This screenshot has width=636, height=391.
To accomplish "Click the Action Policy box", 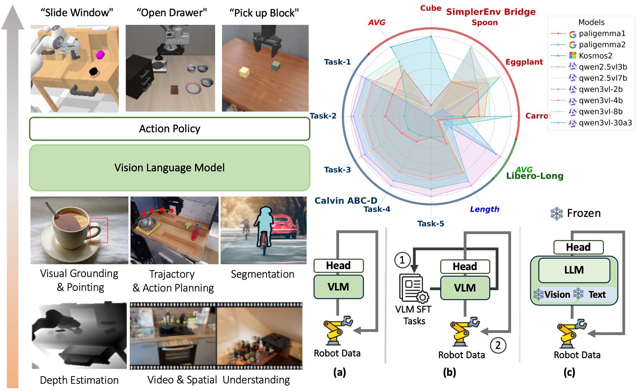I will pos(170,129).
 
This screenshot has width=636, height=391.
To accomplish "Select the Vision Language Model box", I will pos(170,168).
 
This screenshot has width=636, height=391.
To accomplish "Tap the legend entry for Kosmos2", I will pos(595,56).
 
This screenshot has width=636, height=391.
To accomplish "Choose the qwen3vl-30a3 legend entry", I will pos(605,123).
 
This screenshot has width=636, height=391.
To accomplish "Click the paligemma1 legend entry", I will pos(602,34).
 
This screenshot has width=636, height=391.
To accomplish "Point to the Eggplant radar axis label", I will pos(524,62).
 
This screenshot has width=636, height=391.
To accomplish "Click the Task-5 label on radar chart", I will pos(431,224).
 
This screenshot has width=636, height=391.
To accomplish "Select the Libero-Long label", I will pos(534,176).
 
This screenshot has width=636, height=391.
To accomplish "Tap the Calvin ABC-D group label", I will pos(346,201).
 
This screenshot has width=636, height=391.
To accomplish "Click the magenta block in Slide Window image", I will pos(100,54).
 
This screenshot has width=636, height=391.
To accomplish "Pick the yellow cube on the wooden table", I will pos(244,72).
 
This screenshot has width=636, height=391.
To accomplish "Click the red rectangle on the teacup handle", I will pos(99,230).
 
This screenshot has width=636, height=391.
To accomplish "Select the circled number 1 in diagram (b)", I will pos(402,260).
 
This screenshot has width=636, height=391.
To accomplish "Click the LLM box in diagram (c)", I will pos(574,270).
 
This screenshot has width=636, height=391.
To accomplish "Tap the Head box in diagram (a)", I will pos(338,266).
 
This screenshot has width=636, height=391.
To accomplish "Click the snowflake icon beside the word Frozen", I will pos(557,213).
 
